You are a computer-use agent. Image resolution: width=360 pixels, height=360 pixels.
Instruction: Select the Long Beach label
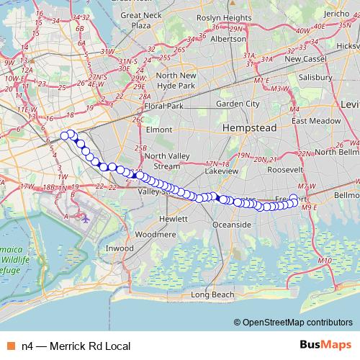[213, 295]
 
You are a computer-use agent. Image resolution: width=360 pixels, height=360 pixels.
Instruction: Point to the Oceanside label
[232, 225]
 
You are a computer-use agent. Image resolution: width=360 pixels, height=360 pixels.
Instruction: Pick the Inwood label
[120, 248]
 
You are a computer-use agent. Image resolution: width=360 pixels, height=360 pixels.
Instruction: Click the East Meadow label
[314, 121]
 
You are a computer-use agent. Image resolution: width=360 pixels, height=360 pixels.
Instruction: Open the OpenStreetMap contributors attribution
[296, 323]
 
